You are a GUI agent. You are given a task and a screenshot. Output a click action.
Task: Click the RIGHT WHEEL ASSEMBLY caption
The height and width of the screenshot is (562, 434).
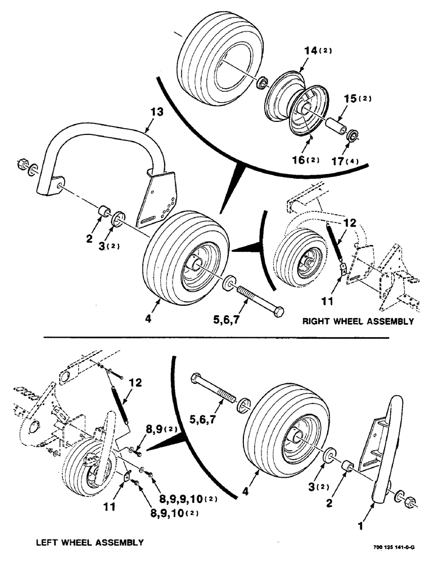(x=358, y=322)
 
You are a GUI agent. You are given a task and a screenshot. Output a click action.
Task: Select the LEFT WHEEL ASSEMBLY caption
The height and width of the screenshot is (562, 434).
(x=89, y=542)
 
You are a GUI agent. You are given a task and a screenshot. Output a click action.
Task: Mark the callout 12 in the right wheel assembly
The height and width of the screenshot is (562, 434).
(x=349, y=223)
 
